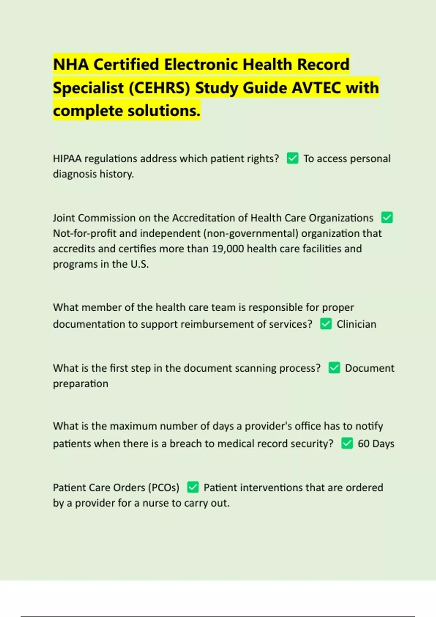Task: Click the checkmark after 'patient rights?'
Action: pos(292,158)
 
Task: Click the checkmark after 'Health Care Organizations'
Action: pos(387,218)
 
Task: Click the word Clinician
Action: pos(356,324)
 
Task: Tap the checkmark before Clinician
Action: pos(326,324)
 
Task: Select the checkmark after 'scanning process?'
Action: pos(334,368)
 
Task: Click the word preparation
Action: pos(81,384)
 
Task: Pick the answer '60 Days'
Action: pos(376,444)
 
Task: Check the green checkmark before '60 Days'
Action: pos(347,443)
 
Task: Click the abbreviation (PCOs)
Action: pos(163,487)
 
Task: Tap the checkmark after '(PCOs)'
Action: pos(193,487)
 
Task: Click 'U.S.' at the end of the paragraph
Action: pos(140,264)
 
